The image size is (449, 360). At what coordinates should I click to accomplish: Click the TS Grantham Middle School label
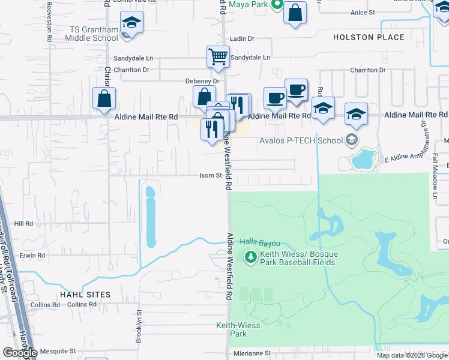click(94, 34)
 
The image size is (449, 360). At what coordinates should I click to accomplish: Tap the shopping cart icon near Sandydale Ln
click(218, 56)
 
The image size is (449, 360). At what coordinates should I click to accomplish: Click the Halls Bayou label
click(261, 242)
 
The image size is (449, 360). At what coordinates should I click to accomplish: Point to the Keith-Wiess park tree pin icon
click(252, 257)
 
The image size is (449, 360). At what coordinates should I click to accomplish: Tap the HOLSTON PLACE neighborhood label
click(369, 37)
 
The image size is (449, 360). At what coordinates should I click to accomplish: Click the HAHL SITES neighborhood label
click(85, 295)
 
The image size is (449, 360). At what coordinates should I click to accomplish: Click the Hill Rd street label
click(24, 223)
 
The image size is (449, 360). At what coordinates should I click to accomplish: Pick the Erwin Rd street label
click(32, 255)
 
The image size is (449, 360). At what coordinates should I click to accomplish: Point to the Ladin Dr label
click(243, 38)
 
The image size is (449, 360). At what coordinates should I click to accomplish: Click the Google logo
click(20, 353)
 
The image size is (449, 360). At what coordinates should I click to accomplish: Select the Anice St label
click(363, 12)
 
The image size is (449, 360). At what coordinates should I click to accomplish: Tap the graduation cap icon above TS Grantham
click(131, 23)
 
